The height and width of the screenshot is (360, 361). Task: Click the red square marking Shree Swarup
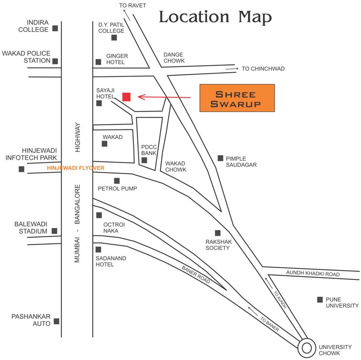(x=126, y=97)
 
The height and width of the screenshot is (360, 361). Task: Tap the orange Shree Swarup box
(x=237, y=98)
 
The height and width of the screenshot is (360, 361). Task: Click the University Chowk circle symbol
(x=306, y=348)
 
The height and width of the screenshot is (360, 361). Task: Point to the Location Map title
(x=215, y=17)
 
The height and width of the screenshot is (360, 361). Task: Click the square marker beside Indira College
(x=55, y=28)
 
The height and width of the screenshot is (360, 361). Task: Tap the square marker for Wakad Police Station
(x=55, y=61)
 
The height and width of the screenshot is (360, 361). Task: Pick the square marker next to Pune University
(x=320, y=300)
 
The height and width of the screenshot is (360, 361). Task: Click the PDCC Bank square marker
(x=144, y=160)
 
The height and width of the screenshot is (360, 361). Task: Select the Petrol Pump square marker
(x=117, y=180)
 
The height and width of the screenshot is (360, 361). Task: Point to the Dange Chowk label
(x=174, y=58)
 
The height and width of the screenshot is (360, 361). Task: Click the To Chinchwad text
(x=263, y=69)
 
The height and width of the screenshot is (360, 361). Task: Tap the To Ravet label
(x=133, y=6)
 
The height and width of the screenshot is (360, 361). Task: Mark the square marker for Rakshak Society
(x=218, y=233)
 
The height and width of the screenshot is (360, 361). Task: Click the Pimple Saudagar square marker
(x=221, y=158)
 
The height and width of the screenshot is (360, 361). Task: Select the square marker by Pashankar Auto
(x=57, y=321)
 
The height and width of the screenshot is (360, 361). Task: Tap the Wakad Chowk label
(x=176, y=166)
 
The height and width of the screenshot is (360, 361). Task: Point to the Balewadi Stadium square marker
(x=55, y=231)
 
